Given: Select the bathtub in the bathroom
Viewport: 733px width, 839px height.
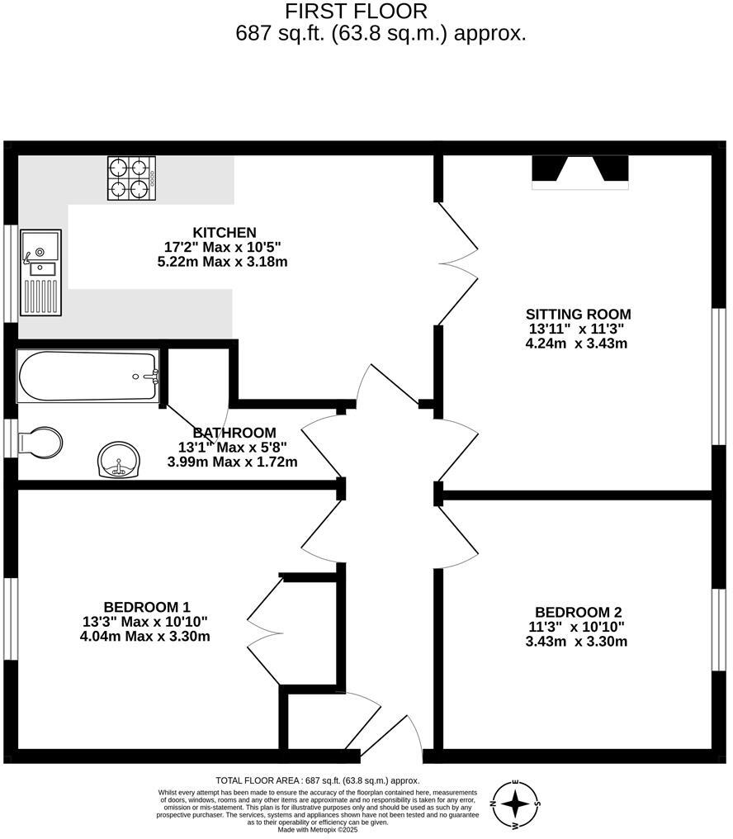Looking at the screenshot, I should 87,377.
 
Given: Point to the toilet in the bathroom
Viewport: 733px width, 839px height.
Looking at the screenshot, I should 41,442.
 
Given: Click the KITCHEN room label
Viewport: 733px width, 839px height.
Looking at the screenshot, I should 225,233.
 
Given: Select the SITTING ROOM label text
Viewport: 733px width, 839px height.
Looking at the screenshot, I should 578,314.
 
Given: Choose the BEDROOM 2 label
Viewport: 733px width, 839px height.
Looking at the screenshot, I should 578,612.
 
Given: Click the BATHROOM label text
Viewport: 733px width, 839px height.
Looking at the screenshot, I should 234,433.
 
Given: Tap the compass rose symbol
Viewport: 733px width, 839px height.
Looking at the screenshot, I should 516,803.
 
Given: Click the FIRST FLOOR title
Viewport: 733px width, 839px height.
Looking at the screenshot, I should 357,12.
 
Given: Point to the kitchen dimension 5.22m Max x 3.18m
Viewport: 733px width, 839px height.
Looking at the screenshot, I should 222,262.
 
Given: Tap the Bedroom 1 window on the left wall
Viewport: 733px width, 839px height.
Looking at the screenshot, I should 11,619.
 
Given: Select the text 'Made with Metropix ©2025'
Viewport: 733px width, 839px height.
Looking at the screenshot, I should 318,829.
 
